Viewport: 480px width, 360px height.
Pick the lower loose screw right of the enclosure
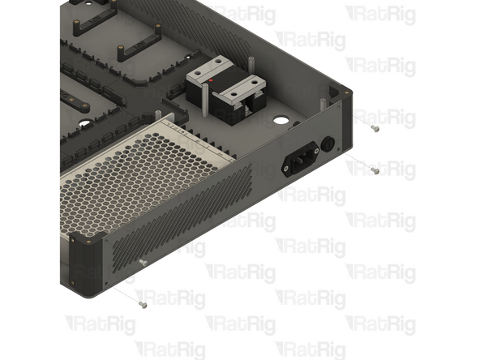pyautogui.click(x=375, y=170)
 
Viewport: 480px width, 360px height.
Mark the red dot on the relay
pyautogui.click(x=212, y=82)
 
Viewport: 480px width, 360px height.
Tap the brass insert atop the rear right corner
pyautogui.click(x=349, y=92)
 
